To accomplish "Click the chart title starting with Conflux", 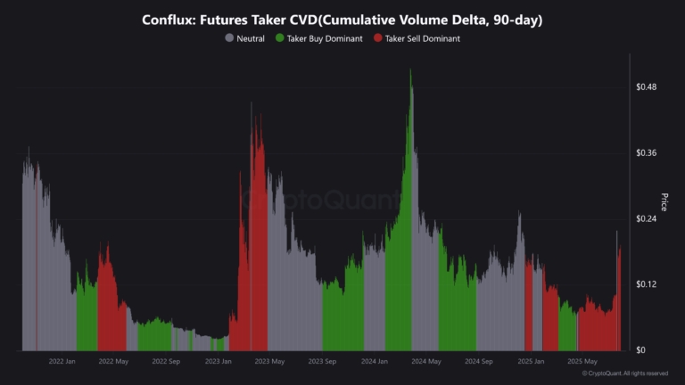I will coord(342,20).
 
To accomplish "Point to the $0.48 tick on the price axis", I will coord(646,87).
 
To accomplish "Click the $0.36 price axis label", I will coord(646,153).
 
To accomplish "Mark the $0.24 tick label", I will coord(646,219).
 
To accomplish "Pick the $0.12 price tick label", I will coord(646,284).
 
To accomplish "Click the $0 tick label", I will coord(640,350).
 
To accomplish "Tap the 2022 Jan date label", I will coord(62,362).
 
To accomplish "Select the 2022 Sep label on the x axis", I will coord(166,362).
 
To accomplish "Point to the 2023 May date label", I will coord(270,362).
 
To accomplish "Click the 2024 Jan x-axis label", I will coord(375,362).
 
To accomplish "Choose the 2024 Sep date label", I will coord(479,362).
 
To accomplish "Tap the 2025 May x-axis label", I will coord(582,362).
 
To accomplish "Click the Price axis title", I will coord(664,201).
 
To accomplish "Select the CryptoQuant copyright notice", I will coord(624,373).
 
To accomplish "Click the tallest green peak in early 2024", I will coord(410,71).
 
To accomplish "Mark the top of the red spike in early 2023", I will coord(252,104).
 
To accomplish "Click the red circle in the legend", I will coord(378,38).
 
